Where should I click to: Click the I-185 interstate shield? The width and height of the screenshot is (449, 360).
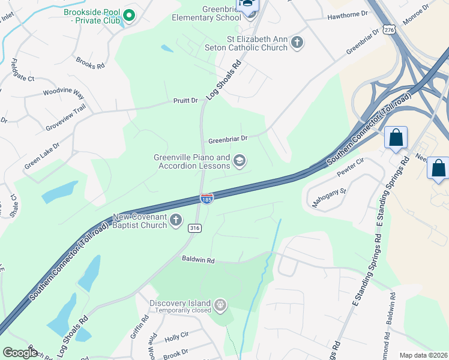click(x=206, y=199)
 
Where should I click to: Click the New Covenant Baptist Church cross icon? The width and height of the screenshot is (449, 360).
click(x=176, y=220)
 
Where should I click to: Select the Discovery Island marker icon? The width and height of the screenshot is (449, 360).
click(x=221, y=305)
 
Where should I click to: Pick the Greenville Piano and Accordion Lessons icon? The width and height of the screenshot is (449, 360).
click(x=240, y=161)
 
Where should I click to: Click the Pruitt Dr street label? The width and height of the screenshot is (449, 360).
click(x=185, y=100)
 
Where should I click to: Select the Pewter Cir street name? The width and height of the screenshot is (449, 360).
click(x=352, y=167)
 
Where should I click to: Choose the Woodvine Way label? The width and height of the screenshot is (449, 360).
click(x=63, y=93)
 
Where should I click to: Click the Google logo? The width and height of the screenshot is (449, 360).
click(x=20, y=353)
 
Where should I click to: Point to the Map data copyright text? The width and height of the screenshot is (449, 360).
click(x=424, y=355)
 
